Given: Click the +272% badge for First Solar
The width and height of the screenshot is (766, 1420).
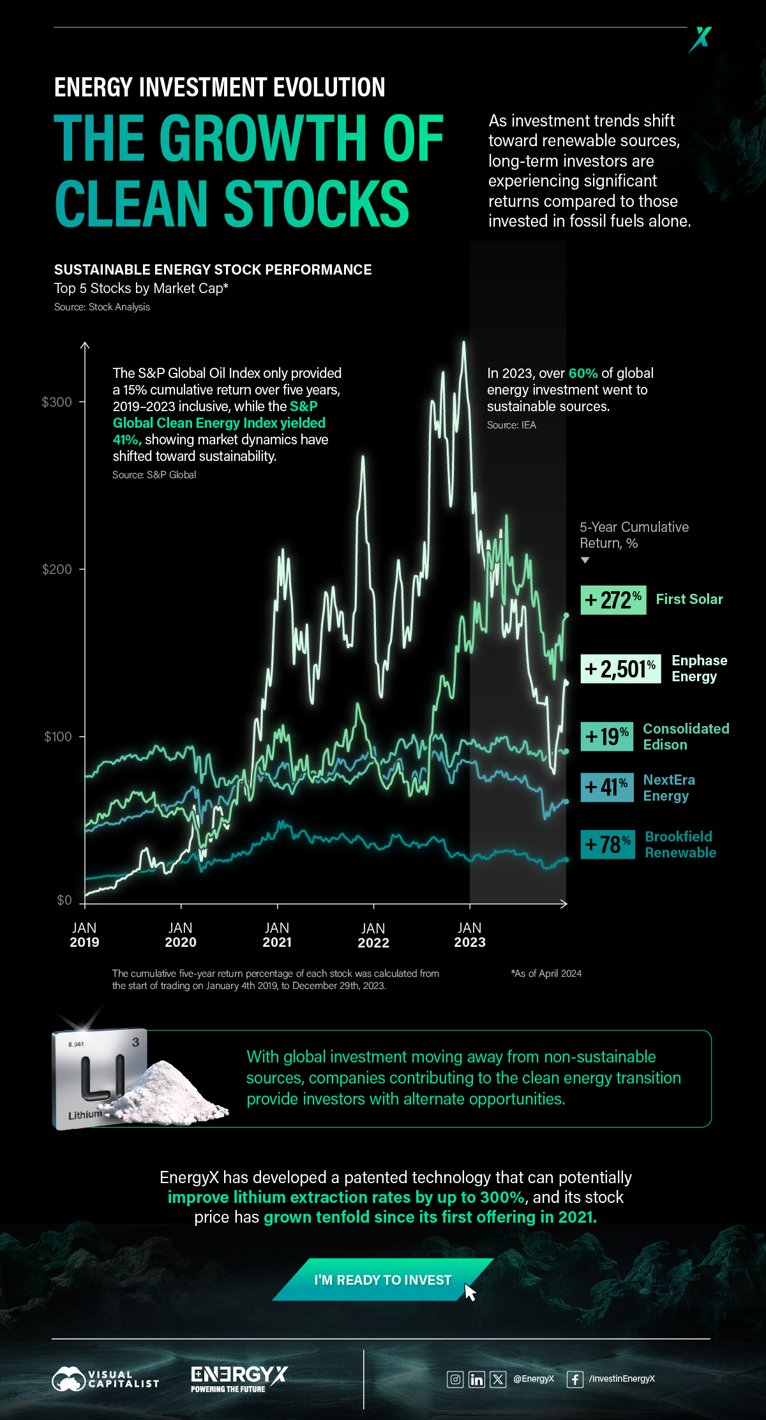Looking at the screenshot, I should click(x=613, y=600).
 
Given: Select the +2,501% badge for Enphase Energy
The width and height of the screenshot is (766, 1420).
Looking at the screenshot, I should click(x=620, y=669).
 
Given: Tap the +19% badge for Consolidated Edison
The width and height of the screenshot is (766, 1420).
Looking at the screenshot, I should click(x=606, y=736).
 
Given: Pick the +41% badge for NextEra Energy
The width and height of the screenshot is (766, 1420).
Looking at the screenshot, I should click(x=606, y=787).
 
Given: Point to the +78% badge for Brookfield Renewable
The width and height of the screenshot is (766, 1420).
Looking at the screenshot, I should click(x=608, y=844).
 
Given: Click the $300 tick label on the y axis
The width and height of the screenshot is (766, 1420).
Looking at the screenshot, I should click(x=57, y=402).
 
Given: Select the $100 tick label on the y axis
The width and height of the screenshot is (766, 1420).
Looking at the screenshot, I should click(x=58, y=737).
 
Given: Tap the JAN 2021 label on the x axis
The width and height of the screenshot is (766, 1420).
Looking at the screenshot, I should click(x=277, y=935).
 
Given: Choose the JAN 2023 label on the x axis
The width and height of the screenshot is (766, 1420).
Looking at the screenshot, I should click(x=470, y=935).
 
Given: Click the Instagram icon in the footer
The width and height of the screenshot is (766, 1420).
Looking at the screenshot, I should click(x=455, y=1379).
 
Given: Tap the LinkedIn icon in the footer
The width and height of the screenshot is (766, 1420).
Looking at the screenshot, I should click(x=477, y=1379).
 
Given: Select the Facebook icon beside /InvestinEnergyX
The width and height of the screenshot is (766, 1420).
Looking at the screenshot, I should click(x=574, y=1379).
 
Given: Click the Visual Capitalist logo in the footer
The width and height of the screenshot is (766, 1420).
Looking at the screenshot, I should click(x=105, y=1379).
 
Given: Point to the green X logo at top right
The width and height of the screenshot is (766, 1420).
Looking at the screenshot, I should click(x=700, y=39).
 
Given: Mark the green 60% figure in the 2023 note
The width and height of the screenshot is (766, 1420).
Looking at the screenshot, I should click(x=583, y=374).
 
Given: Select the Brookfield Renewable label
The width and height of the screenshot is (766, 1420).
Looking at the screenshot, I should click(x=680, y=845).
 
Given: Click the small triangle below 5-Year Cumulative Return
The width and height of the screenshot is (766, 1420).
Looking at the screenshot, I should click(x=585, y=561).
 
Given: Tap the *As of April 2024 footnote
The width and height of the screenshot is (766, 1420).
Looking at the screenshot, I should click(x=546, y=974).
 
